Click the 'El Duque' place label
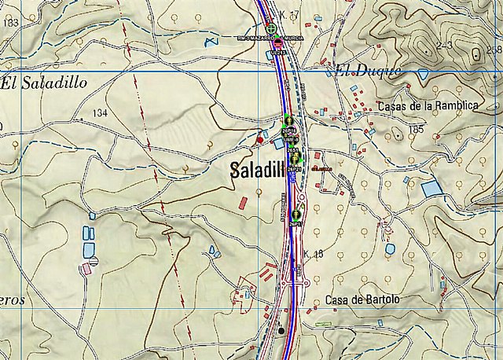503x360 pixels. click(x=368, y=72)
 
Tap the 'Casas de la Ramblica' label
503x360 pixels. click(x=428, y=106)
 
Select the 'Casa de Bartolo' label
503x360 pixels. click(x=362, y=300)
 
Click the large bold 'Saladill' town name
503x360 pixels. click(x=258, y=170)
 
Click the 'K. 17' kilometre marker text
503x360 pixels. click(x=290, y=16)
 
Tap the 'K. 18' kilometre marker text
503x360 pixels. click(x=313, y=253)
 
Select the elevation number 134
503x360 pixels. click(x=99, y=114)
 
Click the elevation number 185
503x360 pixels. click(x=416, y=128)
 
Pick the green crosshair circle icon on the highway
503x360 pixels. click(x=271, y=29)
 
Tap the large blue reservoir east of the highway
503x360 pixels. click(x=431, y=189)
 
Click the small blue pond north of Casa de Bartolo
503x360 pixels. click(x=390, y=249)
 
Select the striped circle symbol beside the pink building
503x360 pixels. click(x=93, y=260)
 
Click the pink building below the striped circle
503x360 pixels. click(x=86, y=269)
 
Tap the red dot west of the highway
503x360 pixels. click(x=260, y=140)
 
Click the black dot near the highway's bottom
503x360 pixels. click(x=281, y=330)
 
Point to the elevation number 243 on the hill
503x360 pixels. click(x=445, y=46)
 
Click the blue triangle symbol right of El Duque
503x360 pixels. click(x=423, y=74)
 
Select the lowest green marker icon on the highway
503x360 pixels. click(x=296, y=214)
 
